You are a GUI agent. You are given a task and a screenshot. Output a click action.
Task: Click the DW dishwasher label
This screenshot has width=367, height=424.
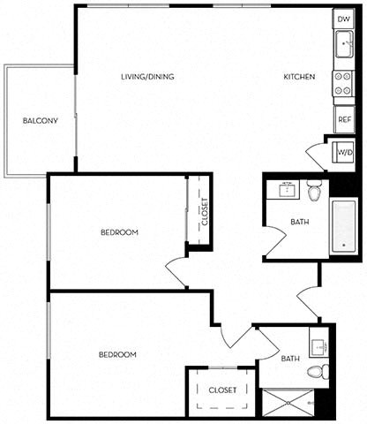[x=343, y=19]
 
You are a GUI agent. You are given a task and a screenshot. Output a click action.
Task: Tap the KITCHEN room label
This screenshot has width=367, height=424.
[x=299, y=77]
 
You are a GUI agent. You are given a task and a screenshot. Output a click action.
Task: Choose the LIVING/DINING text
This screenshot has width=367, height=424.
[x=147, y=77]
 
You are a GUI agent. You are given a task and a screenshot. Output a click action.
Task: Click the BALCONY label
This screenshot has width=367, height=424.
[x=41, y=121]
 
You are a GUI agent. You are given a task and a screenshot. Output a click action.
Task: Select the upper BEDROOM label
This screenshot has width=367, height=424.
[x=118, y=232]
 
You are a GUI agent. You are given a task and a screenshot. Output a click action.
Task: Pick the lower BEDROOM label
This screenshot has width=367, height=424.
[x=116, y=354]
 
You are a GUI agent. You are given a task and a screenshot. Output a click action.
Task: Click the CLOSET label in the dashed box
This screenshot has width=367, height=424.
[x=222, y=390]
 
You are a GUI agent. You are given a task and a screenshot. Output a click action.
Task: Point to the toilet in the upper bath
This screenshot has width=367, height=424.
[x=315, y=190]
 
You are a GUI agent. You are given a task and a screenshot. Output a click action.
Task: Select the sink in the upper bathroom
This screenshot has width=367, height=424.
[x=287, y=189]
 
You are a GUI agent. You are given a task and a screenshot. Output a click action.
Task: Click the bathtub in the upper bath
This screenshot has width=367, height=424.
[x=341, y=228]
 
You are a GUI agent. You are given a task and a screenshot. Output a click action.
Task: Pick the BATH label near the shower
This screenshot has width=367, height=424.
[x=290, y=359]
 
